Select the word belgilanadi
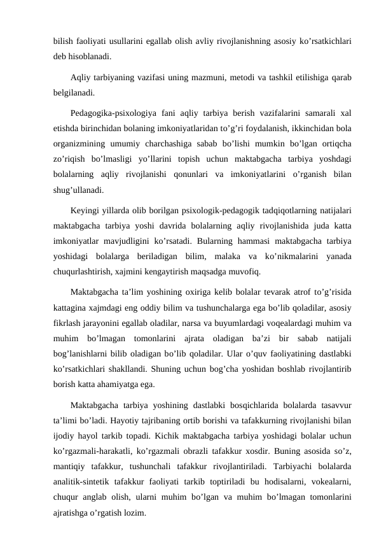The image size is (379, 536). click(x=74, y=92)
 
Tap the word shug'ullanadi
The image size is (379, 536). click(x=79, y=188)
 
